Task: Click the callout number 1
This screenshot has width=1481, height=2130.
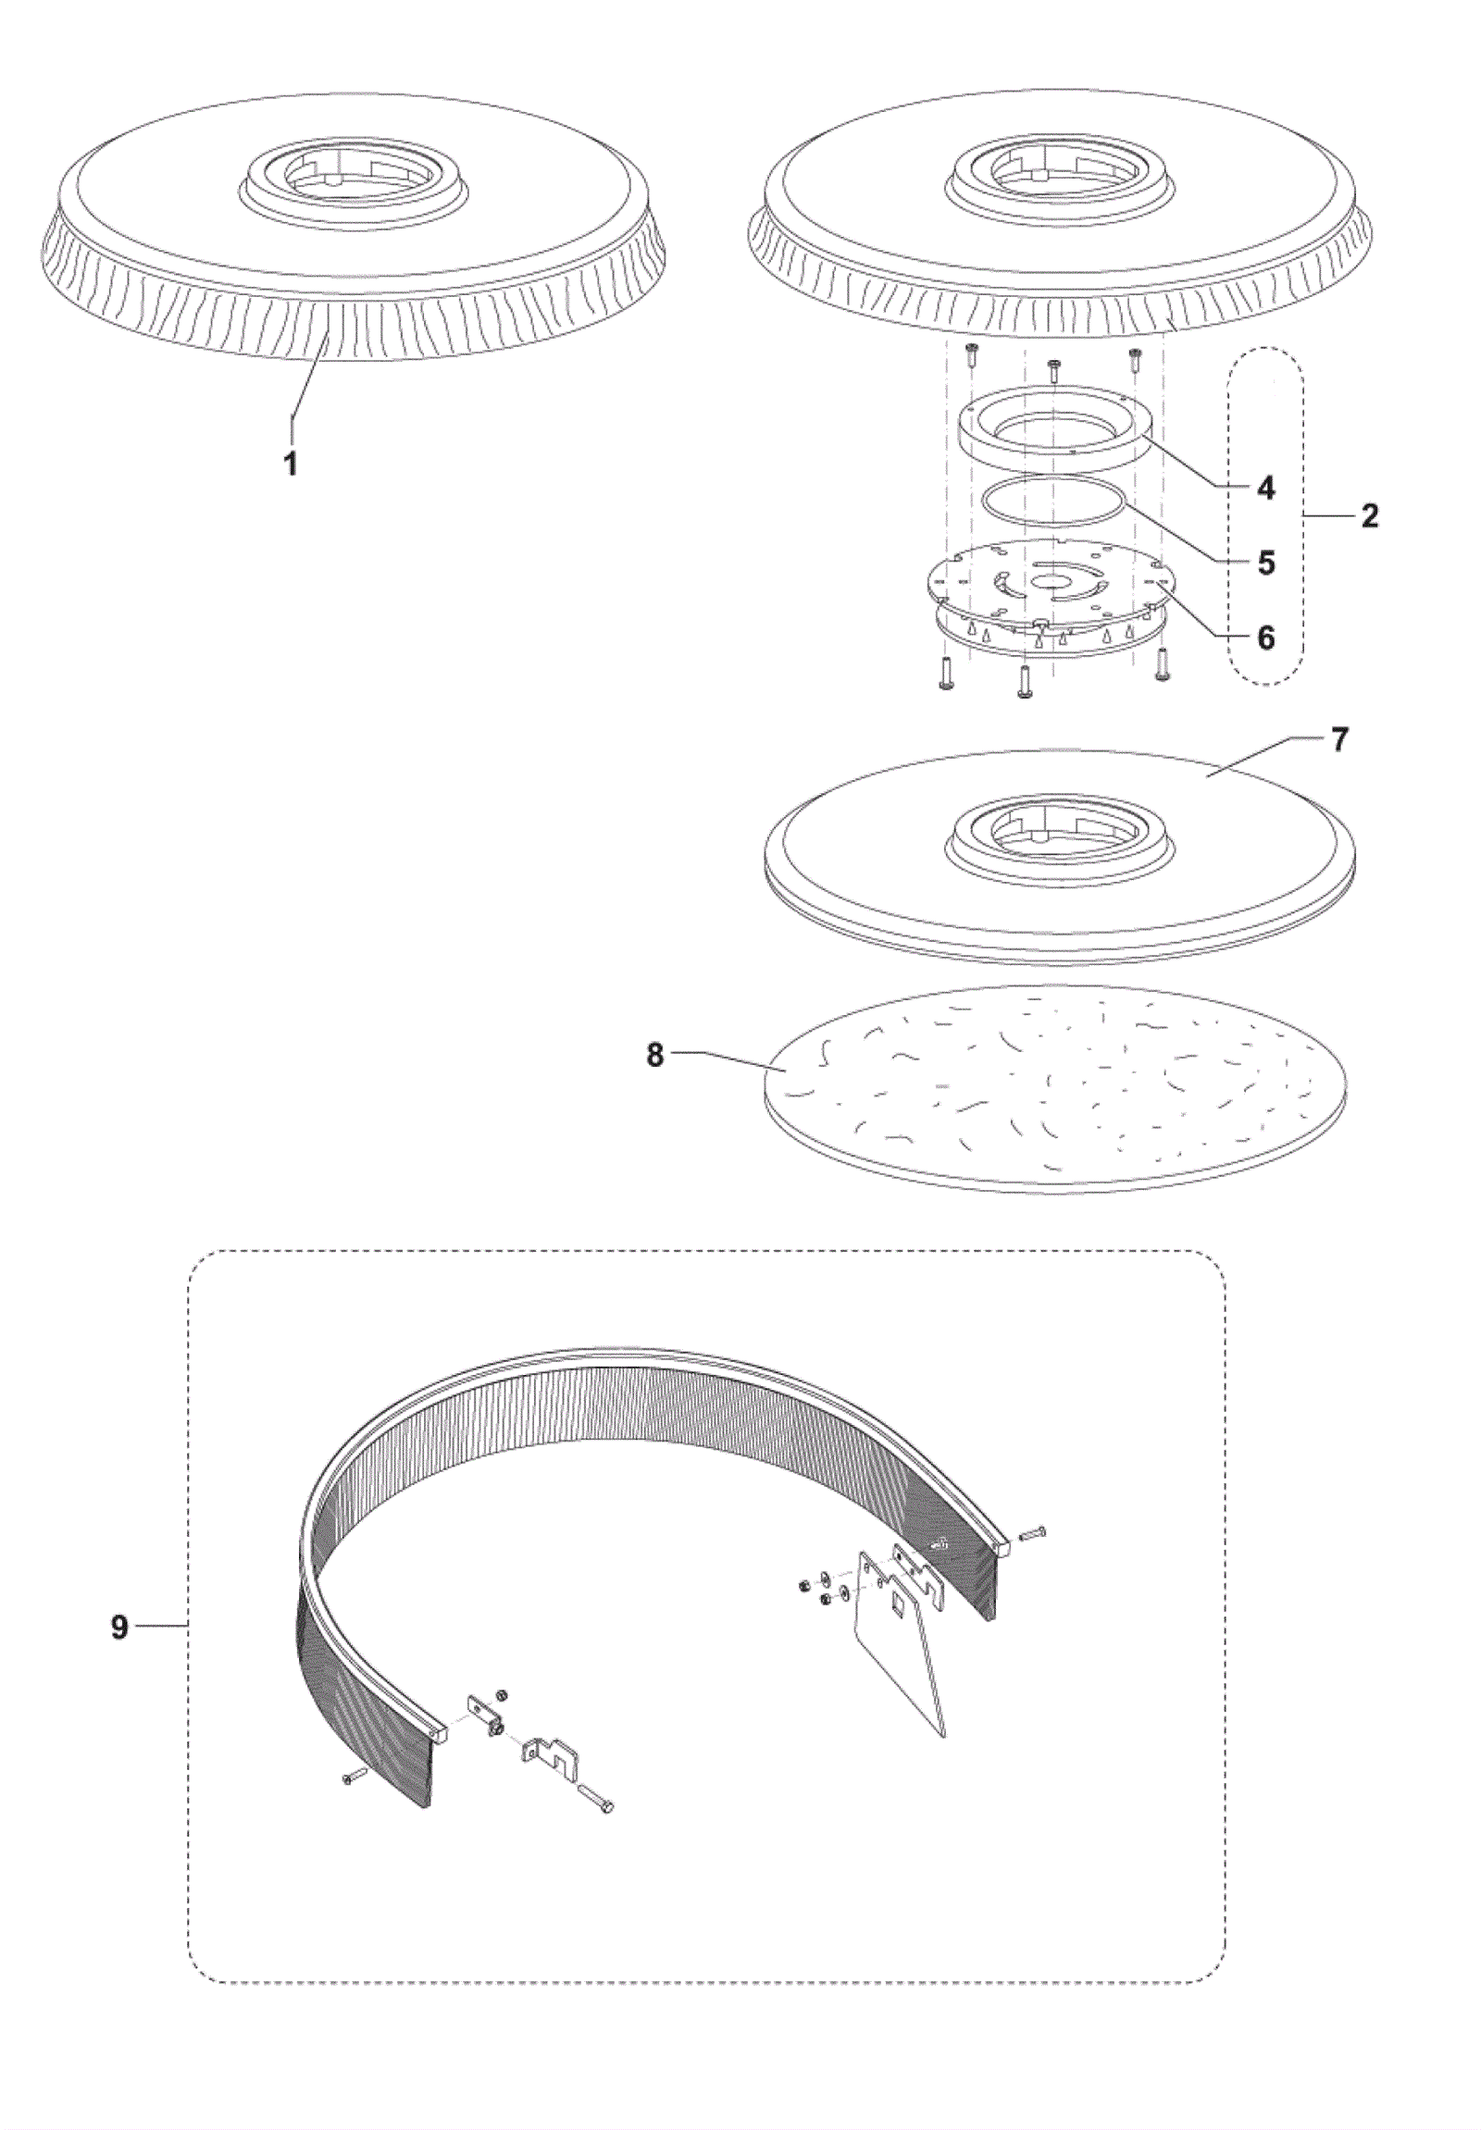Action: [x=292, y=462]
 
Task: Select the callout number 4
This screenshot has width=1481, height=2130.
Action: [x=1265, y=488]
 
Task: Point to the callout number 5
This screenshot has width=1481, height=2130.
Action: [x=1265, y=563]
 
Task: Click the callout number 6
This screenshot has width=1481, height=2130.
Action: [x=1265, y=638]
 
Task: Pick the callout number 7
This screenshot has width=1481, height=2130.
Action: [x=1338, y=742]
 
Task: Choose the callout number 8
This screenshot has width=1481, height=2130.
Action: [x=656, y=1056]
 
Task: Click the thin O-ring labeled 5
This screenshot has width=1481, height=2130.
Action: [x=1054, y=476]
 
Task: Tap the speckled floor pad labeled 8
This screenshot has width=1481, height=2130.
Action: [x=1055, y=1086]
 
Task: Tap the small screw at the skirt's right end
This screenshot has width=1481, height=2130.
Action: [x=1033, y=1533]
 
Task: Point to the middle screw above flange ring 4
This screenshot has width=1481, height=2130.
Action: [x=1054, y=369]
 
